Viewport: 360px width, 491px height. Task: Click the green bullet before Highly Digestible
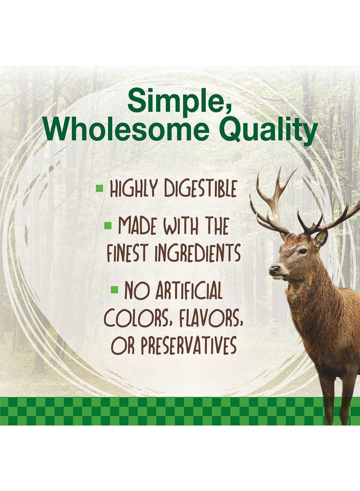click(x=100, y=189)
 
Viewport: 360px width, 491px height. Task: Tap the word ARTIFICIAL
click(x=188, y=290)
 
